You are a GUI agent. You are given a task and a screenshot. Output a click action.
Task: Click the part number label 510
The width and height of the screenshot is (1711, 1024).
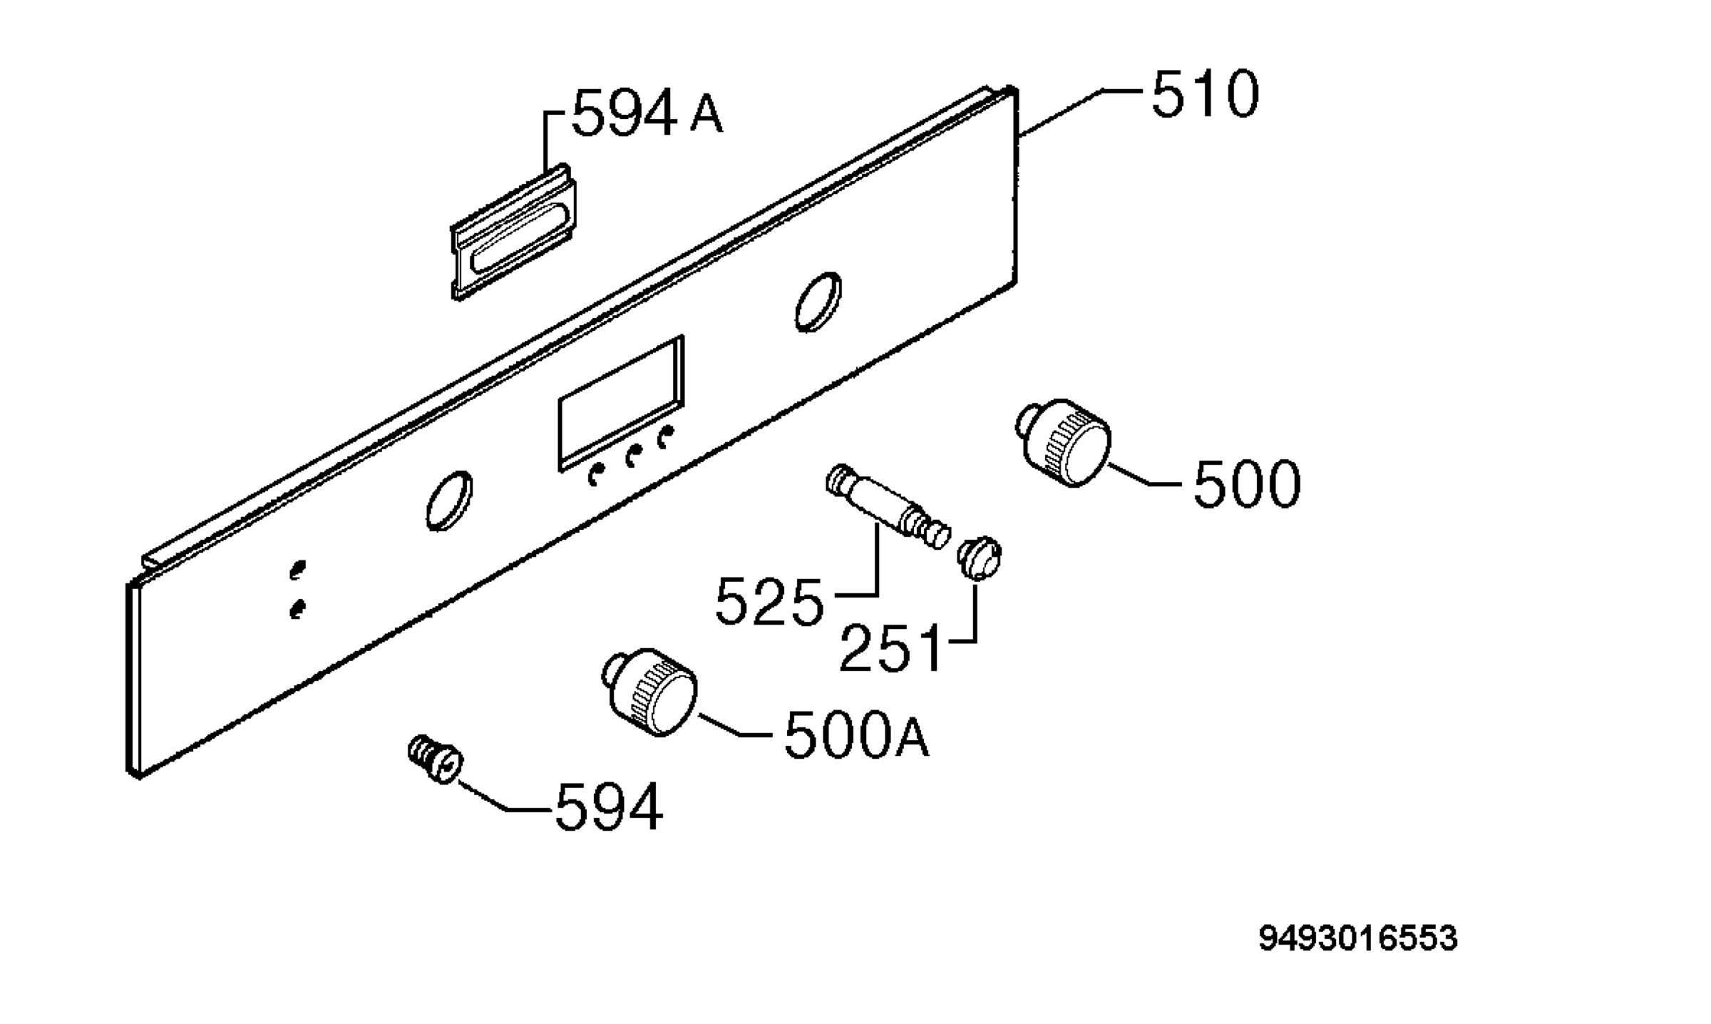pos(1205,93)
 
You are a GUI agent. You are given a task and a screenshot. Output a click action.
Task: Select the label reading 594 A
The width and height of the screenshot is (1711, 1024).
pos(647,113)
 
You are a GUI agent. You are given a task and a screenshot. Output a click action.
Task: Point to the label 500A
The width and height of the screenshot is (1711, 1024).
pos(856,735)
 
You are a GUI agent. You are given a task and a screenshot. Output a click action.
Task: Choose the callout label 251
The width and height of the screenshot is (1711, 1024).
pos(890,648)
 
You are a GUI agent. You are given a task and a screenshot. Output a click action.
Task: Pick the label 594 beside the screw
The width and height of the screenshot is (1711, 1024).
pos(609,807)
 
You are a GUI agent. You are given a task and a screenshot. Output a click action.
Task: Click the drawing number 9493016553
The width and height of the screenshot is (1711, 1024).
pos(1358,938)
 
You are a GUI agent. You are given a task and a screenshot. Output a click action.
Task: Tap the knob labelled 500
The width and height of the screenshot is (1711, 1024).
pos(1063,443)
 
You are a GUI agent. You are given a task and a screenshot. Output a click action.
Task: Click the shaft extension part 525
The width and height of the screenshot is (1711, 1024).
pos(888,506)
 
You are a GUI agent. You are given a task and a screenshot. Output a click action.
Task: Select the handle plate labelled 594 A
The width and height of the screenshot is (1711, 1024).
pos(513,232)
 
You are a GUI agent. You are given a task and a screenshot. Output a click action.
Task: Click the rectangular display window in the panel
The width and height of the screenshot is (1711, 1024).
pos(620,403)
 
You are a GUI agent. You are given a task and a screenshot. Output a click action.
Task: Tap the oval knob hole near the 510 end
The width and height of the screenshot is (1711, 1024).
pos(818,302)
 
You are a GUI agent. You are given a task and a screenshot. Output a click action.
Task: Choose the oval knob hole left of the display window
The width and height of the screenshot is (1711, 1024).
pos(449,501)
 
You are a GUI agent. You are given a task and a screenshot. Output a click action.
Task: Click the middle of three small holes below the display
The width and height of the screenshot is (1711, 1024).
pos(630,456)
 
